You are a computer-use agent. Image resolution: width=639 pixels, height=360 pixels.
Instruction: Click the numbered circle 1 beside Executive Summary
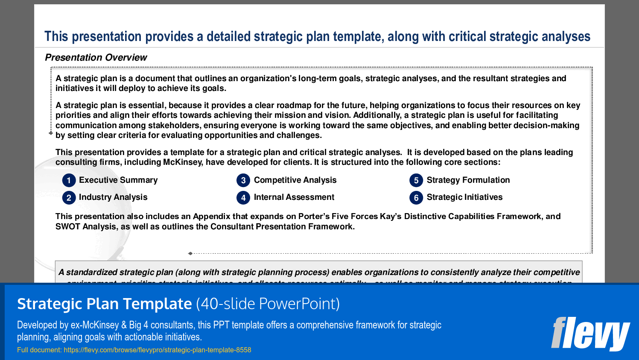[69, 180]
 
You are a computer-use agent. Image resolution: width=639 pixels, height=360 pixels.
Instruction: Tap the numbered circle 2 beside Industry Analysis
[69, 198]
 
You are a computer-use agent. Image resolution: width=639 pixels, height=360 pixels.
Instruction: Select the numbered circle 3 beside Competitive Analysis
[243, 180]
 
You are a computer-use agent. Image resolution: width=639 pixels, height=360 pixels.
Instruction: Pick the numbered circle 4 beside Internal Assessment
[243, 198]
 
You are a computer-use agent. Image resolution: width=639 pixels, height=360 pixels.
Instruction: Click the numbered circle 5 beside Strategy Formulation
[416, 180]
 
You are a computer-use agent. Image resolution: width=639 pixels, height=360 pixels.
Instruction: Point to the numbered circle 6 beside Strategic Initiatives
[416, 198]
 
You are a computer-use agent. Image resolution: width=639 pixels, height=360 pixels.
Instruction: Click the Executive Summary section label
[118, 180]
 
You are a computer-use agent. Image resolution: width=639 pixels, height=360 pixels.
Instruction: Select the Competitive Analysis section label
[295, 180]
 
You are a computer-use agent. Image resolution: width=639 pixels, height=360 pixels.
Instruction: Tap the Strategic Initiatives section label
[464, 197]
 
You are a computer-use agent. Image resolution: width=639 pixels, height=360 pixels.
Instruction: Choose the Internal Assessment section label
[294, 197]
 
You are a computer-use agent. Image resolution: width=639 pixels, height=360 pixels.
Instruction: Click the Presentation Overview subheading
[96, 58]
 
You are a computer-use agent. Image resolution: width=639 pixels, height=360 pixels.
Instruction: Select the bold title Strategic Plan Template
[105, 304]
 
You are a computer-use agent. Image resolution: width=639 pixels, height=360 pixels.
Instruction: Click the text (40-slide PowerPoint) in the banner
[268, 304]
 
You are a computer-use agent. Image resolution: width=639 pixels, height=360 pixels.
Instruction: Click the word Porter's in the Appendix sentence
[314, 217]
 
